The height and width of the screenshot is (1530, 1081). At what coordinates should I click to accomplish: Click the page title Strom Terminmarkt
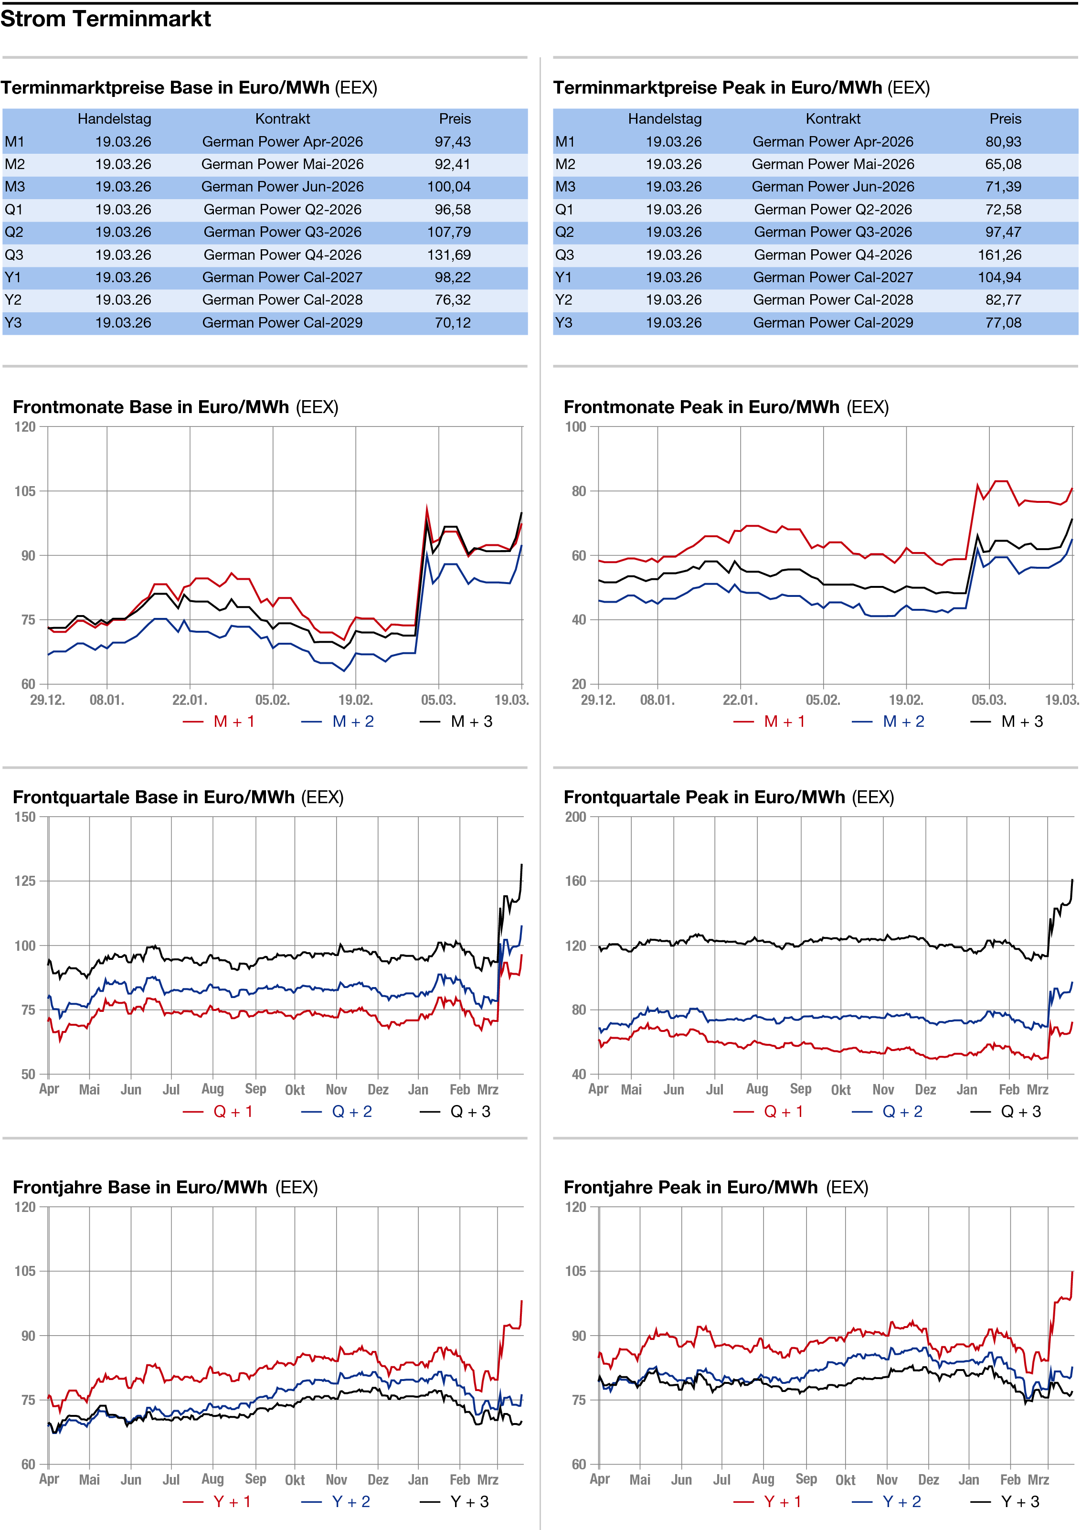click(106, 19)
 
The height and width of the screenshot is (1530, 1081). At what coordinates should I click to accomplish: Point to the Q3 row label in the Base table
click(14, 255)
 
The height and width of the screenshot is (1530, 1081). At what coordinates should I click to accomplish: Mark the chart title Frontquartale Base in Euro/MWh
click(154, 797)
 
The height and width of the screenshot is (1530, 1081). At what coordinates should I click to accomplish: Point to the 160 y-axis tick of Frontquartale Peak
click(576, 881)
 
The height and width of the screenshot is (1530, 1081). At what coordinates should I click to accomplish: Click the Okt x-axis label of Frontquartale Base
click(295, 1090)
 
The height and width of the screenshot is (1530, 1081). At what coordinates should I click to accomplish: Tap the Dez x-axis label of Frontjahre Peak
click(928, 1480)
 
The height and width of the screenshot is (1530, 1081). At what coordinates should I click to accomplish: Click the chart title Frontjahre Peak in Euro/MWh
click(690, 1188)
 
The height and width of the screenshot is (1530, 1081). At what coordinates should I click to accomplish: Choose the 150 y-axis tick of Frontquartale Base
click(25, 817)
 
